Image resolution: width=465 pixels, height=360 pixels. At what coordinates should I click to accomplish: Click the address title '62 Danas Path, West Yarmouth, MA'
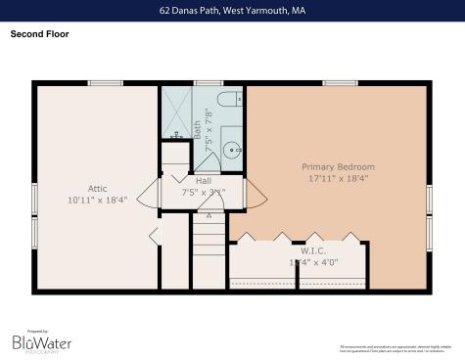[232, 12]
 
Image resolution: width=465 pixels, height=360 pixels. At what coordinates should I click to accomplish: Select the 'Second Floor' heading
[40, 33]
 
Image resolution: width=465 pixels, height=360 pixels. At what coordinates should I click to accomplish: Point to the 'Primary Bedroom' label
[338, 167]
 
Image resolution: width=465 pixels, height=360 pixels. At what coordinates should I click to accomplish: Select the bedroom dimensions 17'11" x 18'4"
[338, 179]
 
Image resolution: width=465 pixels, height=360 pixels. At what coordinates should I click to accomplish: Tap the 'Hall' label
[204, 181]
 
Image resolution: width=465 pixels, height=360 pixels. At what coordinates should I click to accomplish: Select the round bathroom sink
[232, 150]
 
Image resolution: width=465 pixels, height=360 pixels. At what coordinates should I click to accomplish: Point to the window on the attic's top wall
[104, 83]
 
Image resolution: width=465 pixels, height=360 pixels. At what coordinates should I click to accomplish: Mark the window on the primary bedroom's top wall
[339, 83]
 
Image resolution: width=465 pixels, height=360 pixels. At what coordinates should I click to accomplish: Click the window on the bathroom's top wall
[208, 83]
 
